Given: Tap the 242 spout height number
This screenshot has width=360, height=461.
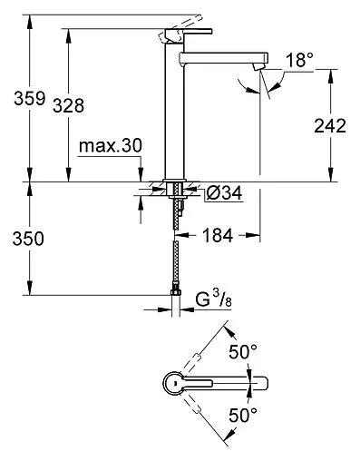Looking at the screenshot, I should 327,125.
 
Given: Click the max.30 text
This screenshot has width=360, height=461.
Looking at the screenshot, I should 108,145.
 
